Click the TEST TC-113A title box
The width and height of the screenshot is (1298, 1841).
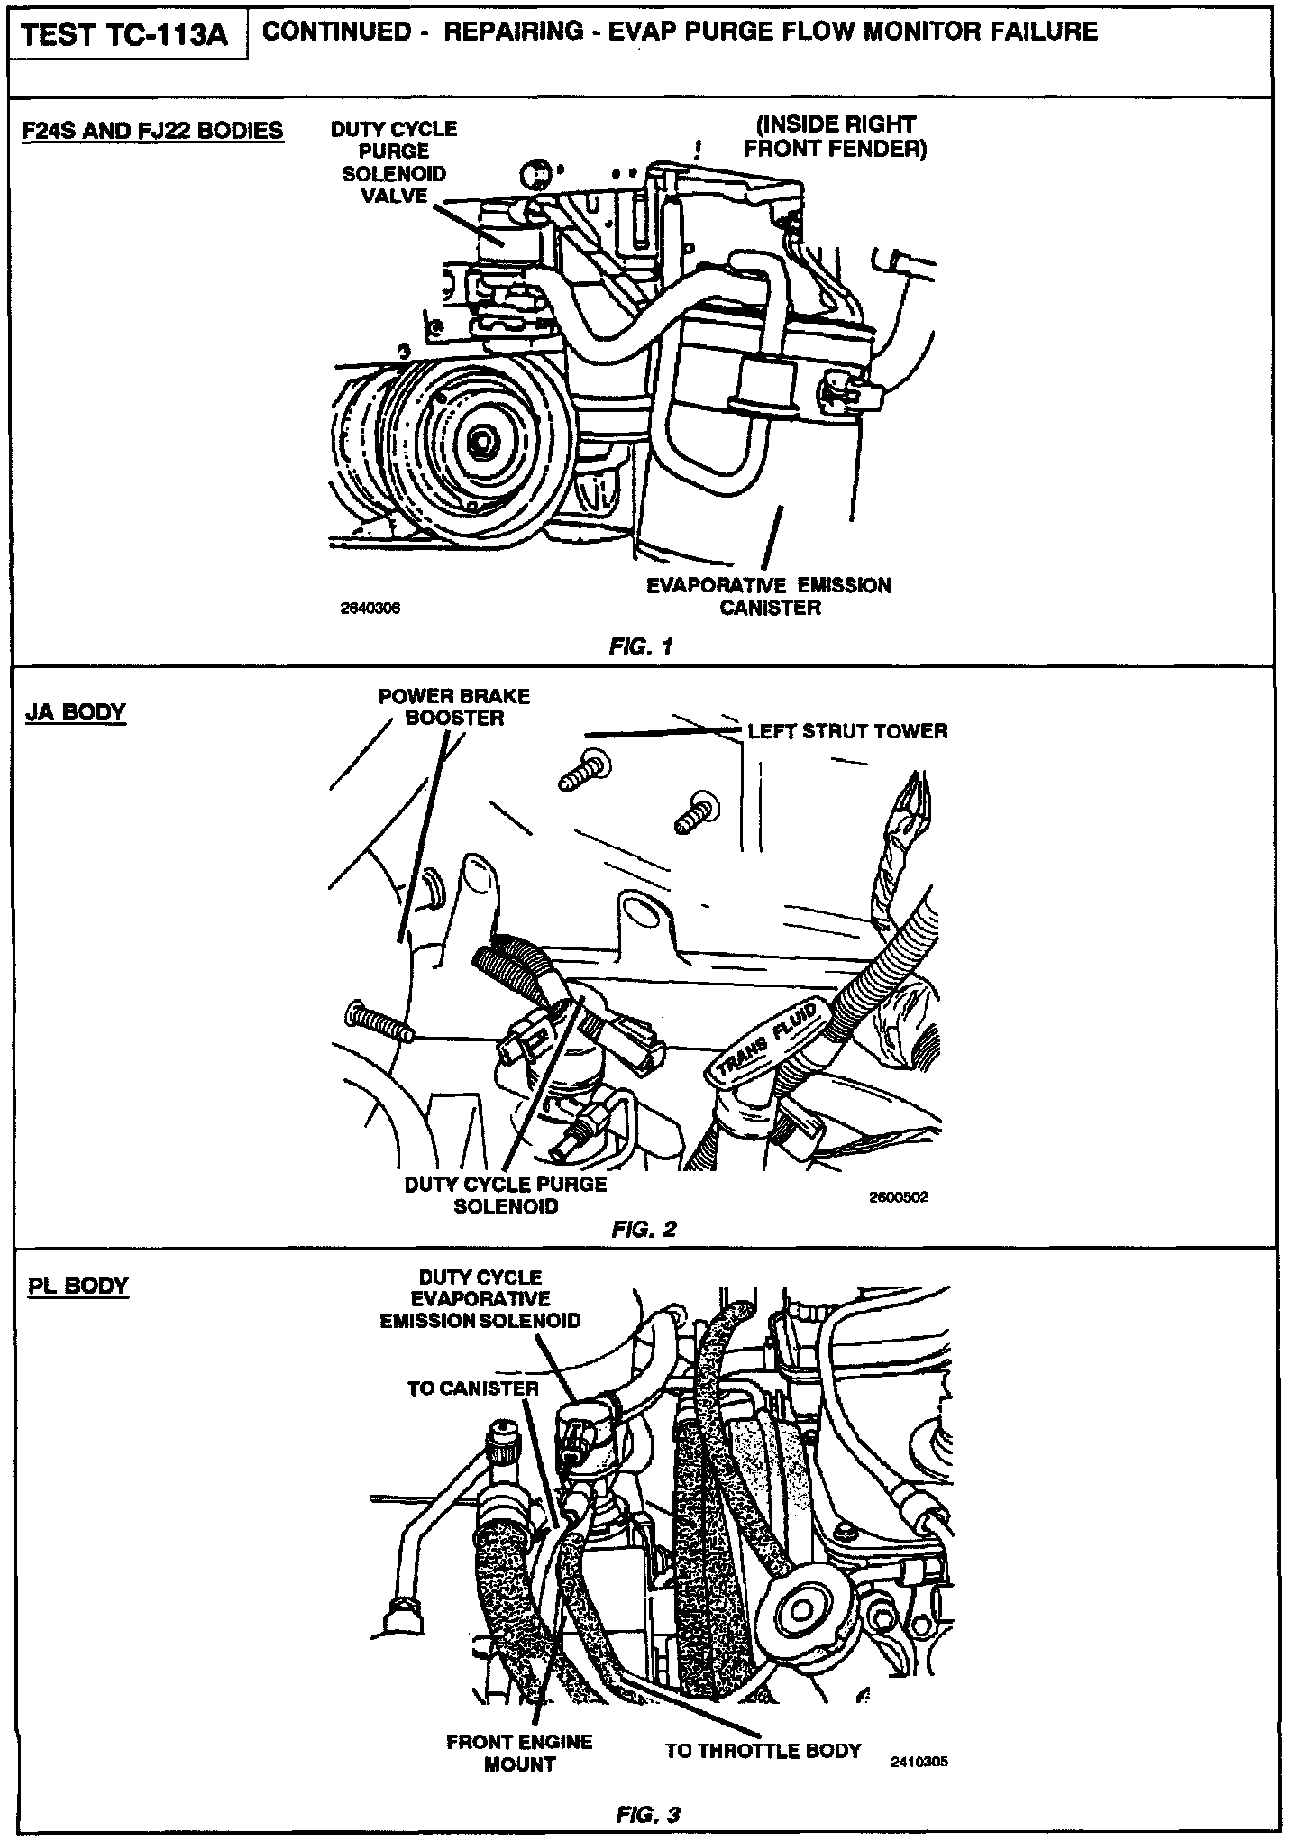pyautogui.click(x=127, y=36)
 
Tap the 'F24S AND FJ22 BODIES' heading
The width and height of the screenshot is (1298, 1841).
pyautogui.click(x=152, y=131)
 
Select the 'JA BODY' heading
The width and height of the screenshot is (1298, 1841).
pyautogui.click(x=77, y=712)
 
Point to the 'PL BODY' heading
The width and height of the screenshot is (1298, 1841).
pyautogui.click(x=78, y=1285)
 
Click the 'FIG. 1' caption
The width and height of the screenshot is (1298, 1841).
pyautogui.click(x=641, y=646)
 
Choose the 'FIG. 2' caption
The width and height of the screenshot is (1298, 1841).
pyautogui.click(x=643, y=1229)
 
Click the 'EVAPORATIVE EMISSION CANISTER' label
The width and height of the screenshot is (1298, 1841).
pyautogui.click(x=769, y=597)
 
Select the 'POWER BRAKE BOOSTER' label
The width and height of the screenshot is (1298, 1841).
pyautogui.click(x=454, y=707)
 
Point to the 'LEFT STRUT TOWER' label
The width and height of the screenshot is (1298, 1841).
pyautogui.click(x=847, y=731)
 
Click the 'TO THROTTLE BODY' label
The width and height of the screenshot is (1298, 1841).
pyautogui.click(x=763, y=1751)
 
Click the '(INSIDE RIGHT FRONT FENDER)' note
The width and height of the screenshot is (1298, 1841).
pyautogui.click(x=835, y=137)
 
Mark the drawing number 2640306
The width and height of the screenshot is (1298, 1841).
pyautogui.click(x=368, y=609)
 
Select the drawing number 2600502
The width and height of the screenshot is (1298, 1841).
pyautogui.click(x=898, y=1197)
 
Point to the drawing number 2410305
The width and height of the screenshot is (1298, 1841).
pyautogui.click(x=919, y=1761)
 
